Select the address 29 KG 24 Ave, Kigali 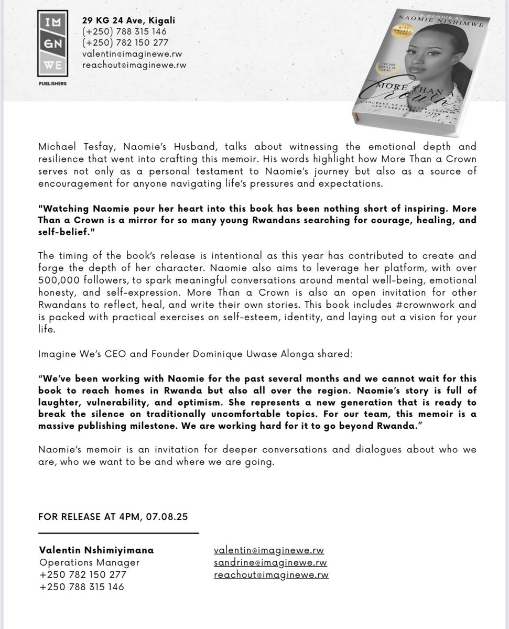tap(128, 20)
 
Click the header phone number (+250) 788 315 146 tap(125, 31)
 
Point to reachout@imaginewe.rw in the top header tap(134, 65)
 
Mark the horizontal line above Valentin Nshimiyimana tap(119, 533)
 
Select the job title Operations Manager tap(89, 562)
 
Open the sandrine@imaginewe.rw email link tap(270, 562)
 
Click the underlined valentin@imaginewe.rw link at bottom tap(269, 550)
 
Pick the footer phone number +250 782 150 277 tap(82, 574)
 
